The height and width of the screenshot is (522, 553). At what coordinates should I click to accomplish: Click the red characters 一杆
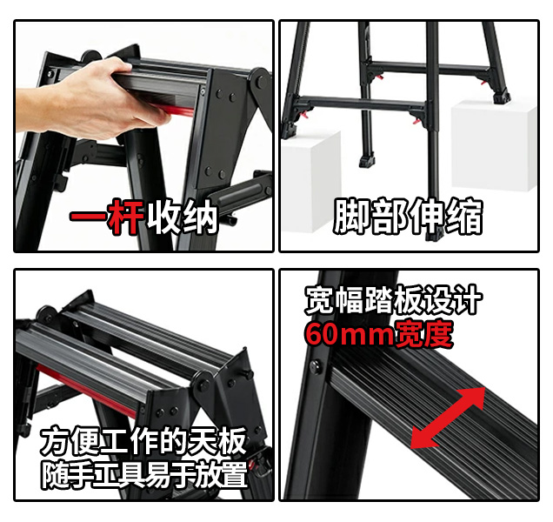(x=107, y=217)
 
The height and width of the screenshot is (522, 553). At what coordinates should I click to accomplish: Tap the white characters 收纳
(x=183, y=217)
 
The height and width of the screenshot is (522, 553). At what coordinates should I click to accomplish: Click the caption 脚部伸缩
(x=408, y=216)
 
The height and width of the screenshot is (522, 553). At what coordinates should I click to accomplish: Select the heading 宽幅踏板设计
(x=393, y=300)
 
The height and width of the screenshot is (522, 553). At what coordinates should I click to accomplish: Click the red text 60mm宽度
(x=379, y=334)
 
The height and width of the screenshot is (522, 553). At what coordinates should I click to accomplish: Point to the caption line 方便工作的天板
(x=143, y=441)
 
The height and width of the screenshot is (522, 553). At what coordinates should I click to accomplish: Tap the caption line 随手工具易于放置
(x=143, y=475)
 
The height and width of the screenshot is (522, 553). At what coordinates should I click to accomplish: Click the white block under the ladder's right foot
(x=494, y=145)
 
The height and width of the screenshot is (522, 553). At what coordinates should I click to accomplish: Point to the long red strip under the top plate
(x=86, y=391)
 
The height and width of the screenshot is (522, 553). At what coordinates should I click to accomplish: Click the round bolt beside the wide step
(x=316, y=366)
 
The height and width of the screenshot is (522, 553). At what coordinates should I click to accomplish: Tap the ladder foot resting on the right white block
(x=502, y=97)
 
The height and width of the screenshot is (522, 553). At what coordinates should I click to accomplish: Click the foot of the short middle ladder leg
(x=367, y=161)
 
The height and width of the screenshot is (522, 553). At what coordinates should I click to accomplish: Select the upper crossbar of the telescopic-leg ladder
(x=429, y=68)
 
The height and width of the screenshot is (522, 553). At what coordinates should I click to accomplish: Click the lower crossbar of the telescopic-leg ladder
(x=363, y=103)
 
